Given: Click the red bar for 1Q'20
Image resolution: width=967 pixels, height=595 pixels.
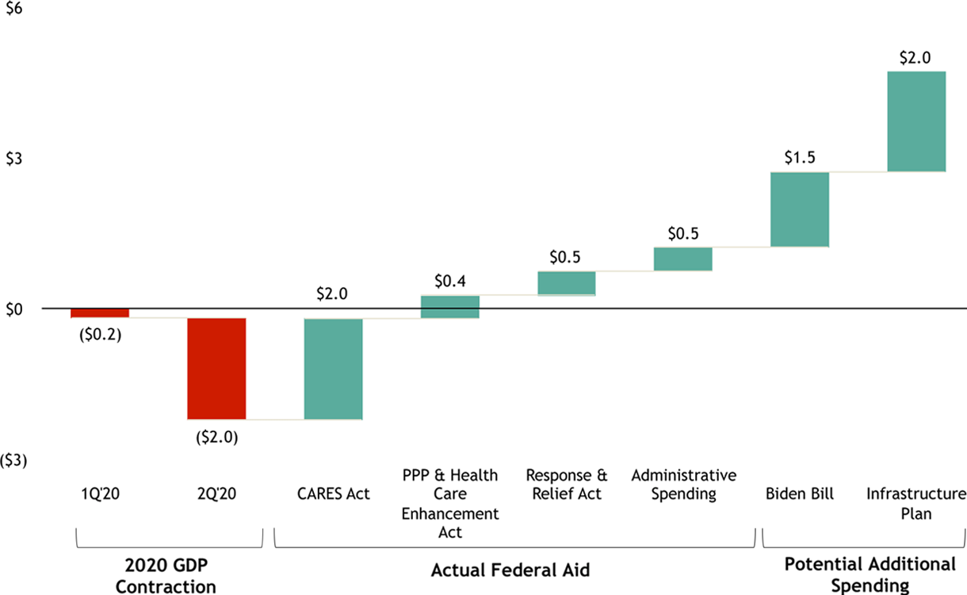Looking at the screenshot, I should click(100, 313).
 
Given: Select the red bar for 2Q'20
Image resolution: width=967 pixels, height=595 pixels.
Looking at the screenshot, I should click(216, 368).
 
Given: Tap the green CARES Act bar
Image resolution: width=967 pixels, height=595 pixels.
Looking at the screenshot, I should click(333, 368).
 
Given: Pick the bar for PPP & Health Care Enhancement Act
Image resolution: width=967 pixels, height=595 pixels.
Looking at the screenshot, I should click(449, 307).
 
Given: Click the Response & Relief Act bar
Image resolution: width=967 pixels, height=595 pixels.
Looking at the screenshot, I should click(566, 283).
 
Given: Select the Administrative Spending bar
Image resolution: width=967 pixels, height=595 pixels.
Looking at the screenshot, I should click(682, 259).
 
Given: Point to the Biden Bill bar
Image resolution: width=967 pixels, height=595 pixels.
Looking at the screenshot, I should click(799, 209).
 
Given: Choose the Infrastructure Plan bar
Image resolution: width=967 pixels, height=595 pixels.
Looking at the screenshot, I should click(916, 121).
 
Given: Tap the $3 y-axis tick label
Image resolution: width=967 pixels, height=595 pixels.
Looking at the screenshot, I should click(14, 158).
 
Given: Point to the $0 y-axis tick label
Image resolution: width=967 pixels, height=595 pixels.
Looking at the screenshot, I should click(14, 309).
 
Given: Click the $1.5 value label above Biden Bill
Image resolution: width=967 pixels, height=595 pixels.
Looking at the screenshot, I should click(799, 157).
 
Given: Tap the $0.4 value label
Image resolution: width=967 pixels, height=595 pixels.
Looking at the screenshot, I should click(449, 281).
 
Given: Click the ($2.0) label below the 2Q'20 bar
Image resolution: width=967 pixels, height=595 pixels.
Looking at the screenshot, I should click(216, 436).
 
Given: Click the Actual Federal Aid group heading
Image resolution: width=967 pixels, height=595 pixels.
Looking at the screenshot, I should click(510, 570).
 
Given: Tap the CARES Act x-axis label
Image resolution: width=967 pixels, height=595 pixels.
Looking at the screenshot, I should click(333, 493).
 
